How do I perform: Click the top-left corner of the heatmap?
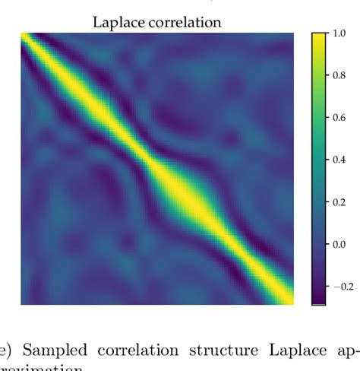(x=21, y=33)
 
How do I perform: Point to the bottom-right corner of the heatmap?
(x=293, y=303)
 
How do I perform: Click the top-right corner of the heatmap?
(x=293, y=33)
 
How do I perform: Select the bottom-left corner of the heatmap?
(x=21, y=303)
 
